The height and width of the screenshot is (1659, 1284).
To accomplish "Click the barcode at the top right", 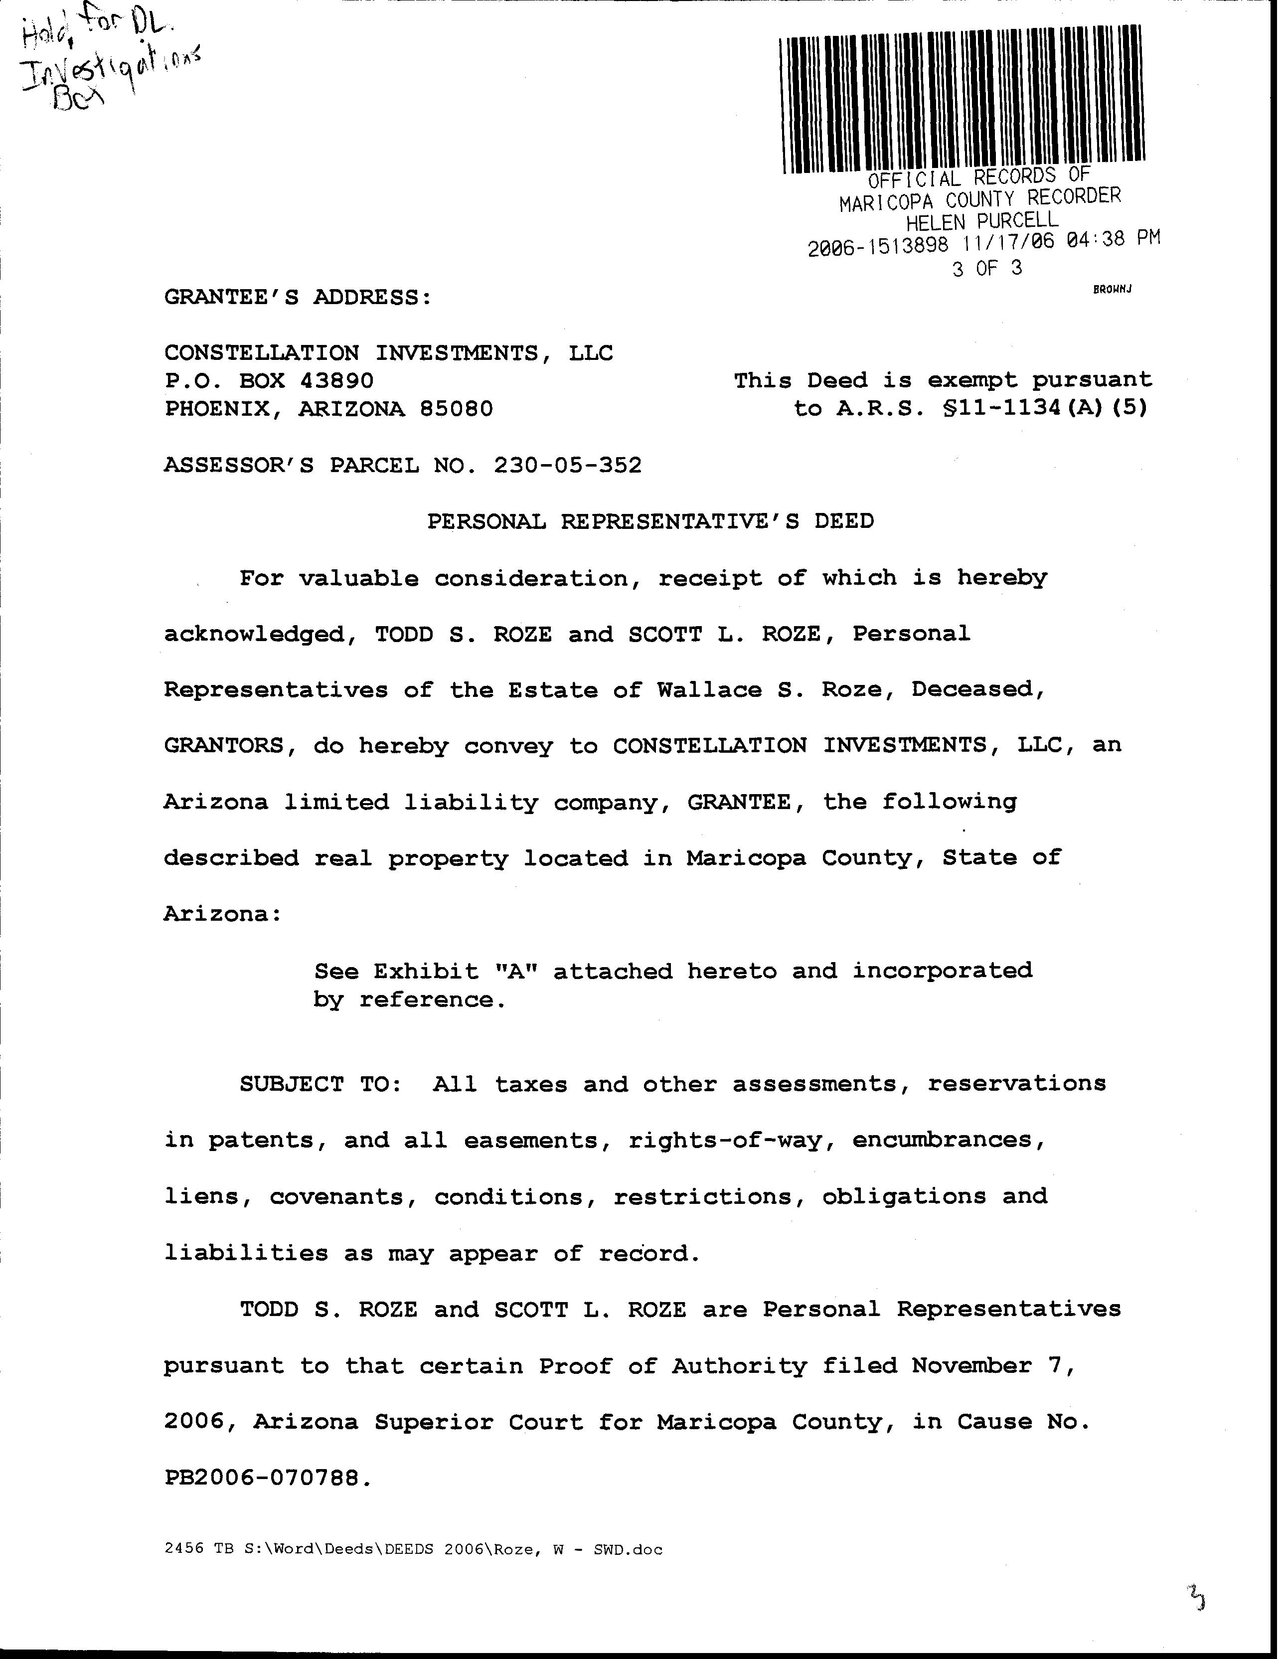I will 963,97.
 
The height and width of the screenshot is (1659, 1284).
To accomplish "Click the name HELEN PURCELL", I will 981,221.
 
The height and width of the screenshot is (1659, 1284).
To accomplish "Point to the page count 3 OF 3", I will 987,268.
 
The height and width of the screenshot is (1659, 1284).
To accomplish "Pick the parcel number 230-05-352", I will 568,464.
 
